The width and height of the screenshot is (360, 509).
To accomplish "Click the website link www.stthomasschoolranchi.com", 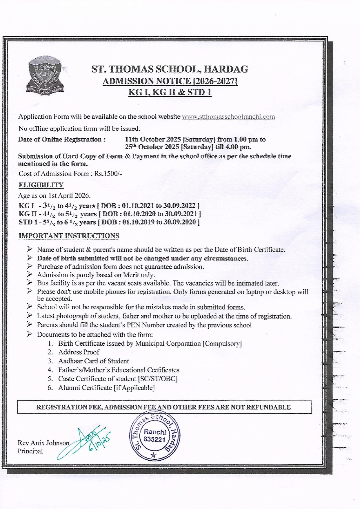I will tap(228, 117).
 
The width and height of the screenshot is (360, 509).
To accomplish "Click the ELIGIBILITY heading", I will tap(41, 185).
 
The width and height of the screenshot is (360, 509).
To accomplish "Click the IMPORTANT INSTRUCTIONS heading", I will tap(69, 236).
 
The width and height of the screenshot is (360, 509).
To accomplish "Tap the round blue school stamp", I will tap(154, 436).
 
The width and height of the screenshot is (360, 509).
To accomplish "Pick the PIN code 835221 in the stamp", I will tap(154, 439).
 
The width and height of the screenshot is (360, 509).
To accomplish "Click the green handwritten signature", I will tap(87, 441).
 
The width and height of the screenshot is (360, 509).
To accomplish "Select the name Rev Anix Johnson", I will tap(43, 443).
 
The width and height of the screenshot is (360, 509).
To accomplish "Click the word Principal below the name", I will tap(30, 451).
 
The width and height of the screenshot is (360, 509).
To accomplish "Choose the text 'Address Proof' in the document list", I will tap(79, 352).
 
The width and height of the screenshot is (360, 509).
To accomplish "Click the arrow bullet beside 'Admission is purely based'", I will tap(30, 274).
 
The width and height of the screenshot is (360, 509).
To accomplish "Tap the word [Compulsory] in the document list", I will tap(222, 344).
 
